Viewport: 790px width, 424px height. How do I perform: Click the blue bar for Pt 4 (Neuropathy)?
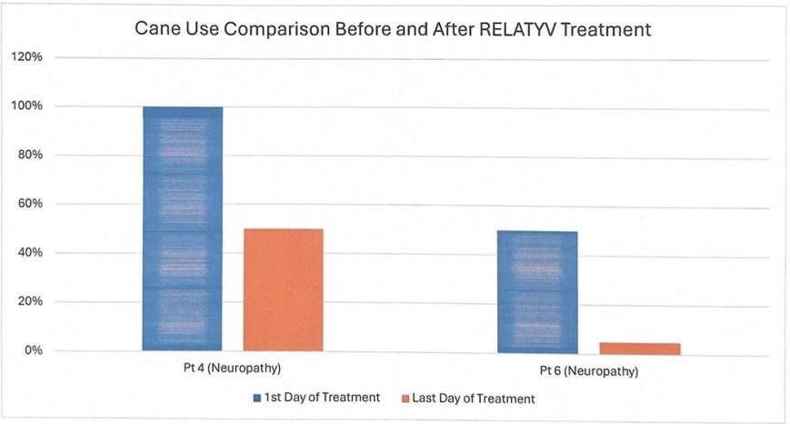(x=182, y=227)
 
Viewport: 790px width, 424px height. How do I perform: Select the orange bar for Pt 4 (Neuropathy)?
(x=283, y=289)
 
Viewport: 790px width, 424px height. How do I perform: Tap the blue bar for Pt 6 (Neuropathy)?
(x=537, y=290)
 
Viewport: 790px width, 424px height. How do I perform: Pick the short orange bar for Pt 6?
(x=639, y=348)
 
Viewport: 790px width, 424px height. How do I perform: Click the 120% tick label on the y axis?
(x=26, y=57)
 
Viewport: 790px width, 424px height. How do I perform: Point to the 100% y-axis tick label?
(x=26, y=106)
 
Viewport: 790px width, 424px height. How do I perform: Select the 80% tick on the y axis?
(x=29, y=155)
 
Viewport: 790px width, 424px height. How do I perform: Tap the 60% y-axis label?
(x=29, y=204)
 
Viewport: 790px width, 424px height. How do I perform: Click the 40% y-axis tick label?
(x=29, y=253)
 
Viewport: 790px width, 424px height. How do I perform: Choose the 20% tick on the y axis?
(x=29, y=301)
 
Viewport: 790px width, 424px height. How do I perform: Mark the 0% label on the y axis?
(x=32, y=350)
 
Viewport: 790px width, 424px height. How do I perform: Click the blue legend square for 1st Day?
(x=258, y=399)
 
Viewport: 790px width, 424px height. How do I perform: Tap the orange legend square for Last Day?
(x=405, y=399)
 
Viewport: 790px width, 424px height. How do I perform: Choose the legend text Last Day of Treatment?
(x=474, y=399)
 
